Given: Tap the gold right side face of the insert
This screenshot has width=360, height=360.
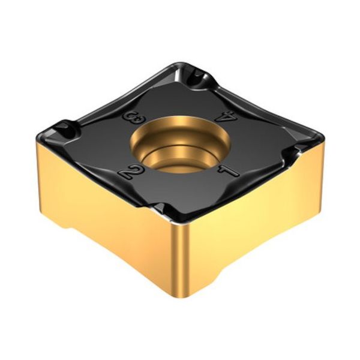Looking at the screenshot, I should coord(258,210).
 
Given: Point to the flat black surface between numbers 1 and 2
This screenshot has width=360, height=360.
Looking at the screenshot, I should coord(179,186).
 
